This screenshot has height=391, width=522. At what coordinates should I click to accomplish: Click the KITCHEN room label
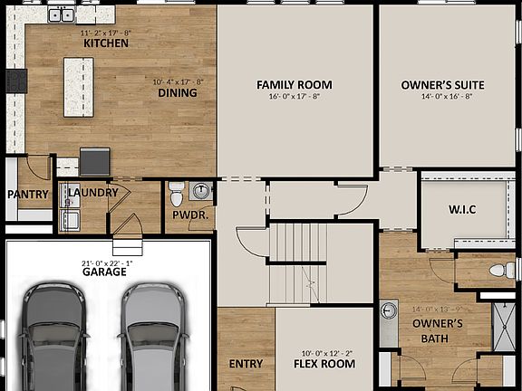tap(101, 43)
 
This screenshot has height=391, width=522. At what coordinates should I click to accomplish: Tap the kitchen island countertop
tap(78, 84)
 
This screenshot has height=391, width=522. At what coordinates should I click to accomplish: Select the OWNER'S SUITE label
tap(442, 85)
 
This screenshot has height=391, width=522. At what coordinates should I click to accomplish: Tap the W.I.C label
tap(461, 209)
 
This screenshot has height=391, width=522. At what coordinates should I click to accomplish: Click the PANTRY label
tap(27, 195)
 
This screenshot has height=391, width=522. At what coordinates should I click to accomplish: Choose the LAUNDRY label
tap(92, 192)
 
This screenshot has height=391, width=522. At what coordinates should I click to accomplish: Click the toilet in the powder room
tap(177, 193)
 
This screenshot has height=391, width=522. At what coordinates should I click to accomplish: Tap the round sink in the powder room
tap(201, 191)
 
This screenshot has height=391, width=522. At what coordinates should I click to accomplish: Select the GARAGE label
tap(104, 272)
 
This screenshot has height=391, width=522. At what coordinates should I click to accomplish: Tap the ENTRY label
tap(246, 364)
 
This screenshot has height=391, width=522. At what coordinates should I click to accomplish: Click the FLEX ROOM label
tap(324, 364)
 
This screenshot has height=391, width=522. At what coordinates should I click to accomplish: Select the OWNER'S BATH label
tap(438, 331)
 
